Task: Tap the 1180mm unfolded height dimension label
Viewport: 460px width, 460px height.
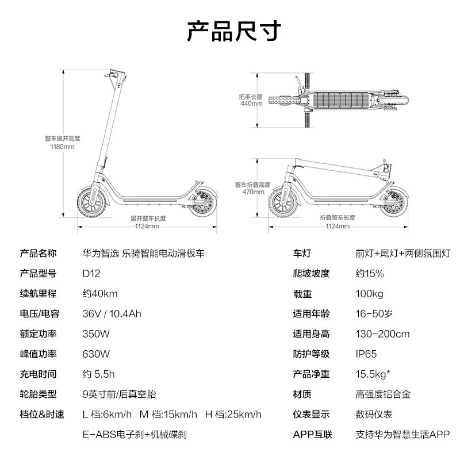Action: point(63,147)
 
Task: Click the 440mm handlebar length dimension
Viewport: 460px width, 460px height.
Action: point(251,104)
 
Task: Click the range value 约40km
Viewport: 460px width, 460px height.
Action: point(100,294)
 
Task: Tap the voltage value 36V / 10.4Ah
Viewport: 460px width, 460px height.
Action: point(112,314)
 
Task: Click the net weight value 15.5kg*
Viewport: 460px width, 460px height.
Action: point(373,374)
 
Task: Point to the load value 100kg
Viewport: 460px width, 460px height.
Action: point(369,294)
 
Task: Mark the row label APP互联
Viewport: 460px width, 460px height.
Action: point(312,435)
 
